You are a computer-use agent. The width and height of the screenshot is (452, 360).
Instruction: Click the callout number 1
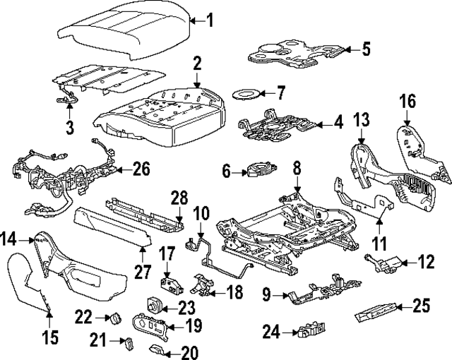(x=209, y=21)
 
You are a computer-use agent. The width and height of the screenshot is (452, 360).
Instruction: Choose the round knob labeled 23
(x=153, y=306)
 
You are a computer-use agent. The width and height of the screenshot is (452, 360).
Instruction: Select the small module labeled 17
(x=169, y=284)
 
